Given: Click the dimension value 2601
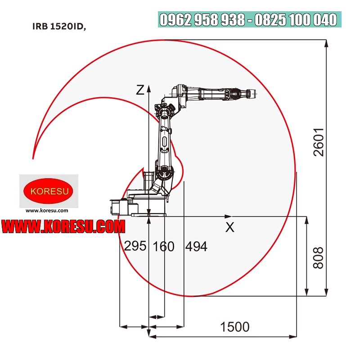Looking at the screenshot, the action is [319, 142].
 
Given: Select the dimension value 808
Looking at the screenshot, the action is [319, 258].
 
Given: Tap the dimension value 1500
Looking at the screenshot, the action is [234, 327].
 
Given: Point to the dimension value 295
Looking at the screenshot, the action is [135, 246].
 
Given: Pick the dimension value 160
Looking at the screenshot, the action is [163, 246].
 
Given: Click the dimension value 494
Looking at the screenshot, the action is [196, 246].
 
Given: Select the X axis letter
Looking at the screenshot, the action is [230, 227].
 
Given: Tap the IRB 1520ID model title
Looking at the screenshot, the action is [59, 27].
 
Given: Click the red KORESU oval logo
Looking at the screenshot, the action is [48, 191].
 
